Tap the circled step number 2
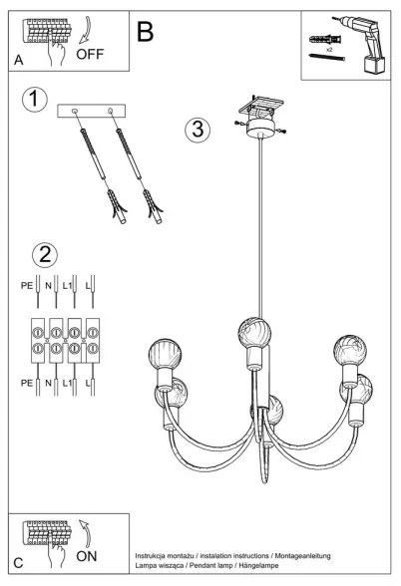(45, 254)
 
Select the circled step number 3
(199, 130)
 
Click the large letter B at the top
(146, 33)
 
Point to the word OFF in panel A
(89, 55)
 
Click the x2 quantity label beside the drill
(329, 47)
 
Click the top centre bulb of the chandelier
(252, 331)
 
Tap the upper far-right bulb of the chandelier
(348, 350)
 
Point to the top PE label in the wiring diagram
(26, 285)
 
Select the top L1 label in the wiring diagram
(68, 285)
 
